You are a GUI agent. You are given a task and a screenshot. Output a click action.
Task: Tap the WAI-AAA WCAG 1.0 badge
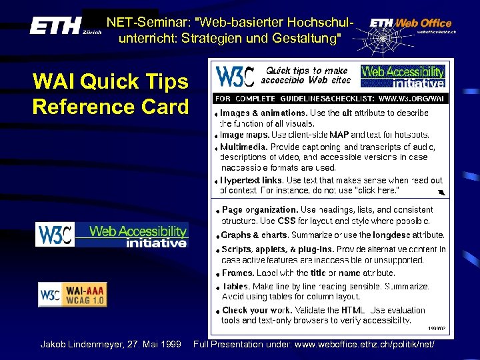72,294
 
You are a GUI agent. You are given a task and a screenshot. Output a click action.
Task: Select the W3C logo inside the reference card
235,76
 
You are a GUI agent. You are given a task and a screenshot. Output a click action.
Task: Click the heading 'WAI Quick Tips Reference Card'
111,94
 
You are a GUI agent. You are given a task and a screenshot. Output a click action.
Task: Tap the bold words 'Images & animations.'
263,113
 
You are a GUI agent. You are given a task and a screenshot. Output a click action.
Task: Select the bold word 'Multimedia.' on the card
245,147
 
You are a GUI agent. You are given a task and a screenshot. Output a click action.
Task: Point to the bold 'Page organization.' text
260,210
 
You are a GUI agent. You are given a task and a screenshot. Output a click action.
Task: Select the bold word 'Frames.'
237,273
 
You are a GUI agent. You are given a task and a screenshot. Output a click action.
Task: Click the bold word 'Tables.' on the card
237,286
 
